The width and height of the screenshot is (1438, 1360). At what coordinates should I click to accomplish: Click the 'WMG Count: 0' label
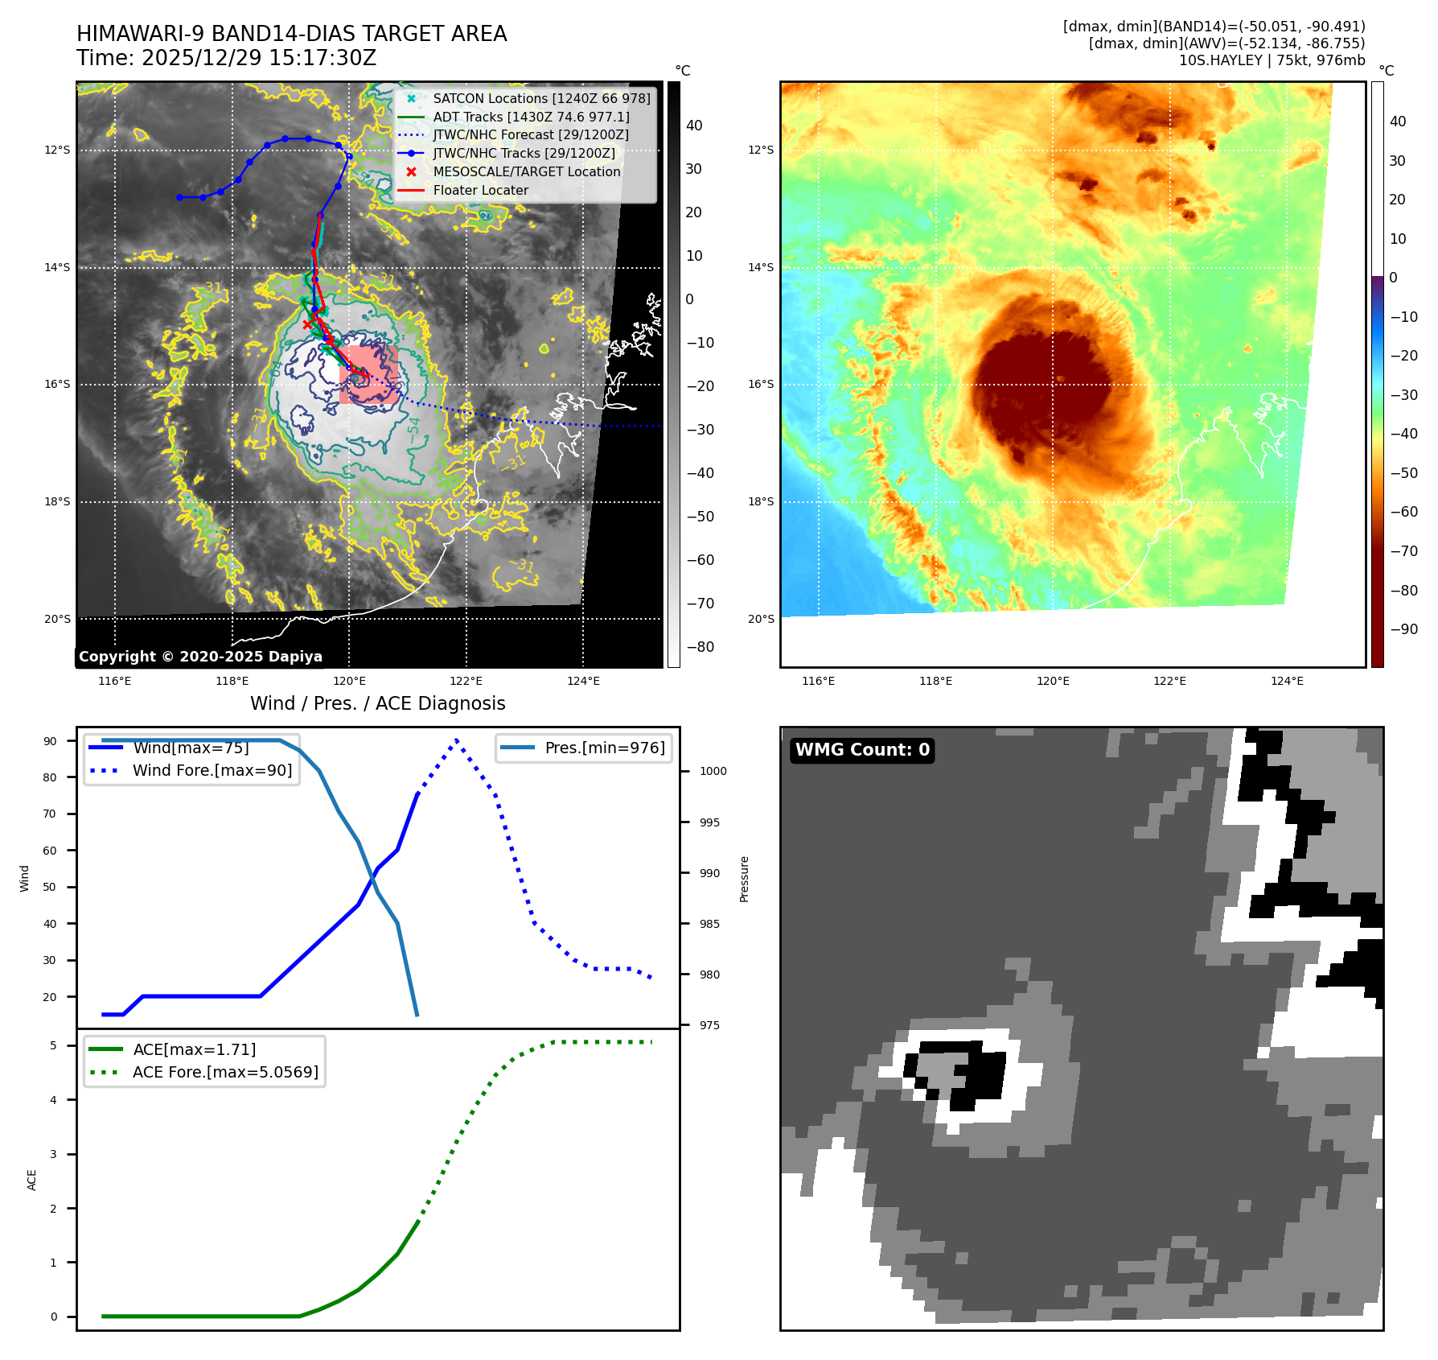pos(862,750)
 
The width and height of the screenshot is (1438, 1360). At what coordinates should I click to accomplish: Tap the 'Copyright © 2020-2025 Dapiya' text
pos(200,657)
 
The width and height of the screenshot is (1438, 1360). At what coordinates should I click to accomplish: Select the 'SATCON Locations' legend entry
pos(541,98)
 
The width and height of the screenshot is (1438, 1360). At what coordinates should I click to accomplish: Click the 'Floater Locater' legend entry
pos(480,191)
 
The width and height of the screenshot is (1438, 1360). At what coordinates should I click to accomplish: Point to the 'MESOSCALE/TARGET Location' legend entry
pos(526,172)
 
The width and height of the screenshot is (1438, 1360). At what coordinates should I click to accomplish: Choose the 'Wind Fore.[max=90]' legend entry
pos(212,770)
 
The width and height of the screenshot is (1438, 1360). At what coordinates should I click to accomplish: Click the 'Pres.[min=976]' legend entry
pos(605,748)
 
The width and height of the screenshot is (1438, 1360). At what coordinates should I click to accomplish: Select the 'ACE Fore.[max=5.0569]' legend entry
pos(225,1072)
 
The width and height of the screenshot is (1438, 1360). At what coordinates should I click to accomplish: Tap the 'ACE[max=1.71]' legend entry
pos(194,1049)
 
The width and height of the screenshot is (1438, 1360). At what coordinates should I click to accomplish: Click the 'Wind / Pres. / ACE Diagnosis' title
pos(378,703)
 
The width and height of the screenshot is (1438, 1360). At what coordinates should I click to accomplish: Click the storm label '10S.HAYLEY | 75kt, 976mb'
pos(1272,60)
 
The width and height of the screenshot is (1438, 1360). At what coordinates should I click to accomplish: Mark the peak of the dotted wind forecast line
pos(457,740)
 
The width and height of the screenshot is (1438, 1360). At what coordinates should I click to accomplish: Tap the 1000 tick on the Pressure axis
pos(713,771)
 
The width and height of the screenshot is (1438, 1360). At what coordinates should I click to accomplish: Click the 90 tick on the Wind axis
pos(51,741)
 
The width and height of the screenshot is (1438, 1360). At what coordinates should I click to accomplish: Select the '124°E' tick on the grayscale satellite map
pos(583,681)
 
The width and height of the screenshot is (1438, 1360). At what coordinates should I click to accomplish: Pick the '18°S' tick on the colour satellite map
pos(760,501)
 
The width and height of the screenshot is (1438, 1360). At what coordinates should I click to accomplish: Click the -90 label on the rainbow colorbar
pos(1403,629)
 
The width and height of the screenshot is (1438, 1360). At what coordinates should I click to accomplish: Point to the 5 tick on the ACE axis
pos(54,1045)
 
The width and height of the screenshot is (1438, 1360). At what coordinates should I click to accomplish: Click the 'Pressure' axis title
pos(744,879)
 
